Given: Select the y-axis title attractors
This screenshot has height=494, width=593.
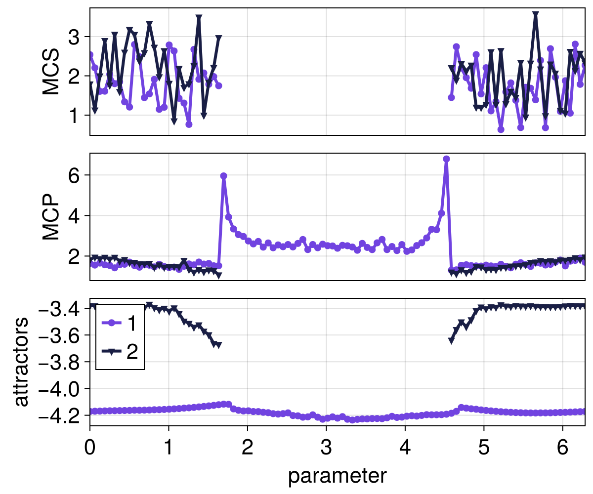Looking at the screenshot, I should pos(21,362).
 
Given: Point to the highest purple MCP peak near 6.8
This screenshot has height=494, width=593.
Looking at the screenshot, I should pos(446,159).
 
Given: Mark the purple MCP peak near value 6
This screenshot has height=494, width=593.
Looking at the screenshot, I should pos(223,176).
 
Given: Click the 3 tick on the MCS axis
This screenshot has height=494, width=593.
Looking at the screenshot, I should pos(75,37).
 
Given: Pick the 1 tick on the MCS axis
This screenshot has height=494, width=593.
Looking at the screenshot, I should pos(75,115).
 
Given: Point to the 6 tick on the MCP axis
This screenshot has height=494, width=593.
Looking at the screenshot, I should pos(75,175).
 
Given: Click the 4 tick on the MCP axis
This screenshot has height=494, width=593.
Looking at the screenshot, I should pos(75,216).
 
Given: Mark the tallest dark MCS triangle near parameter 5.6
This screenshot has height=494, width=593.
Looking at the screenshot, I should pos(535,15).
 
